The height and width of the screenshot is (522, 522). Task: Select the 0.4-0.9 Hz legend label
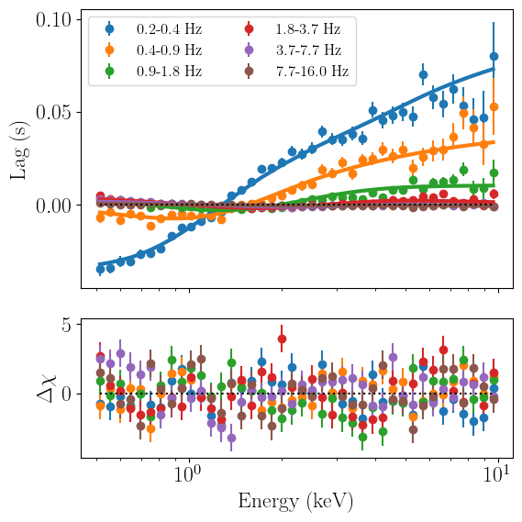tap(169, 50)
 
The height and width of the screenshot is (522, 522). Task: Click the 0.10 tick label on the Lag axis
tap(53, 20)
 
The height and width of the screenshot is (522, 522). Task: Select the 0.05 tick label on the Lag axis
tap(53, 113)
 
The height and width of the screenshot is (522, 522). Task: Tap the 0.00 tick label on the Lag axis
tap(53, 205)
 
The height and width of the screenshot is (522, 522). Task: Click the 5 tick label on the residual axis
tap(67, 325)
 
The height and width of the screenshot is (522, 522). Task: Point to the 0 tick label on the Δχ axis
tap(67, 394)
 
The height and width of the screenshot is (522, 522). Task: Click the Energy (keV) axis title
tap(295, 502)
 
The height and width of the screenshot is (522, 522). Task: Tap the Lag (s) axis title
tap(19, 150)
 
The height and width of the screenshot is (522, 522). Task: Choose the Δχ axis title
tap(46, 389)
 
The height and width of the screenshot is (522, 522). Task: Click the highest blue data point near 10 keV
tap(494, 57)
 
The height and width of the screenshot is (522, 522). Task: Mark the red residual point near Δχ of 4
tap(282, 339)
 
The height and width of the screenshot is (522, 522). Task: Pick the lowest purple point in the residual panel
tap(231, 439)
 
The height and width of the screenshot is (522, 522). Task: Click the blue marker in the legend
tap(109, 29)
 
